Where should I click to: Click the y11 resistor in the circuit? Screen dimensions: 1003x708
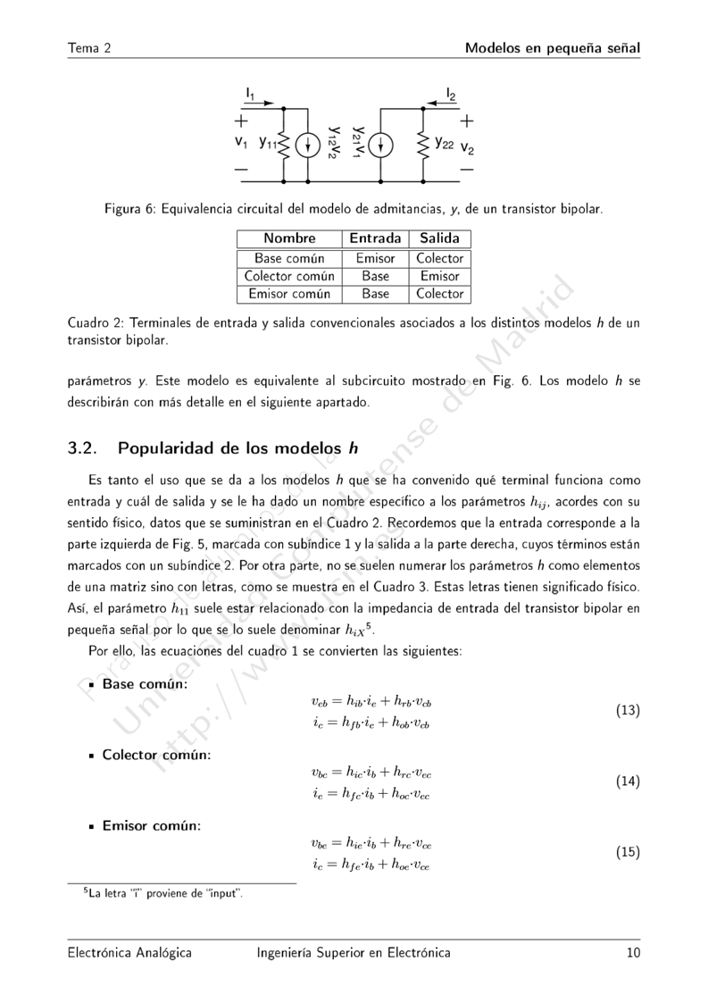[283, 144]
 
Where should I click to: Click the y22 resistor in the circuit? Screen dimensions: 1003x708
[423, 144]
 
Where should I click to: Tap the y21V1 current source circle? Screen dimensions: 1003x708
[380, 144]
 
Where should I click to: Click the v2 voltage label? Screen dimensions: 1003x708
[468, 148]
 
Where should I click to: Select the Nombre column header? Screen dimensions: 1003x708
[290, 238]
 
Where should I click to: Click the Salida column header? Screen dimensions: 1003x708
[439, 238]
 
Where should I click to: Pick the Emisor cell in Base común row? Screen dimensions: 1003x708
[375, 258]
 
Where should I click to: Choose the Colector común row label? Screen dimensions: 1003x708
[289, 276]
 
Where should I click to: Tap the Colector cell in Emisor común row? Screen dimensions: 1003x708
[439, 293]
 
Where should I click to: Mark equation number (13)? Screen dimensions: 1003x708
[628, 711]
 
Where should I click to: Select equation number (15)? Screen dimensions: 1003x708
[628, 852]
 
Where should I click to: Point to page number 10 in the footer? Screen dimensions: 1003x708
[633, 953]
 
